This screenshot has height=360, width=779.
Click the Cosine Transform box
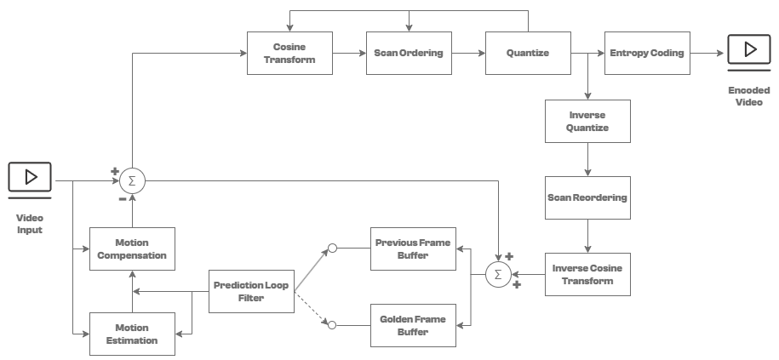pos(289,53)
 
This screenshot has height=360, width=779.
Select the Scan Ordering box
pos(409,53)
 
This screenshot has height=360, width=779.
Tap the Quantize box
pos(528,53)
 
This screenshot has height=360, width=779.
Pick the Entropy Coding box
pos(647,53)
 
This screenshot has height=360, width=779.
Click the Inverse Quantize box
pos(587,121)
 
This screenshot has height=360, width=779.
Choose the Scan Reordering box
pos(587,197)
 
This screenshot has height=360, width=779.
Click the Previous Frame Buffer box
pos(413,249)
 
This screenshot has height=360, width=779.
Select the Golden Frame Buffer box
pos(413,325)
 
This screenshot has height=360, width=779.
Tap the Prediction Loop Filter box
pos(251,291)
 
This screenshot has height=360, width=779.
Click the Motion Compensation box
pos(132,249)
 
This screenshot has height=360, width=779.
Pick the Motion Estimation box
pos(132,334)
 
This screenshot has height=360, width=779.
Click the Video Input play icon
pos(30,178)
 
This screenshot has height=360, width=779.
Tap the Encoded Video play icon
pos(750,51)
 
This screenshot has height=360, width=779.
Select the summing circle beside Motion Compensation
pos(132,180)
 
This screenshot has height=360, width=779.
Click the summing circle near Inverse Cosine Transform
pos(498,274)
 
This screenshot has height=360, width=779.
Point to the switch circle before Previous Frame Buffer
pos(333,248)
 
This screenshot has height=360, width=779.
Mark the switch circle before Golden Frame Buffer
pos(333,324)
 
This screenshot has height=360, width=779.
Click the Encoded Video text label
pos(750,95)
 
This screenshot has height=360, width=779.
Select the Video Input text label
pos(30,224)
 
